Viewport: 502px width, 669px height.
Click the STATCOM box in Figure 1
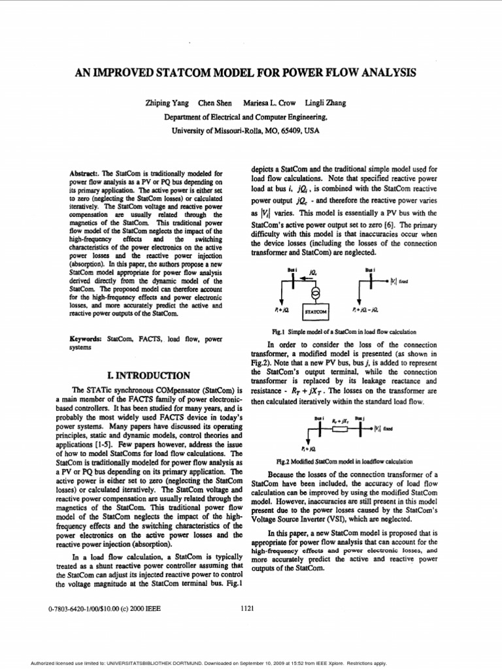tap(317, 312)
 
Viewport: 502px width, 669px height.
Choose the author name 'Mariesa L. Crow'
tap(267, 103)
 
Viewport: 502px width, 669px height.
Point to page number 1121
tap(248, 609)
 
